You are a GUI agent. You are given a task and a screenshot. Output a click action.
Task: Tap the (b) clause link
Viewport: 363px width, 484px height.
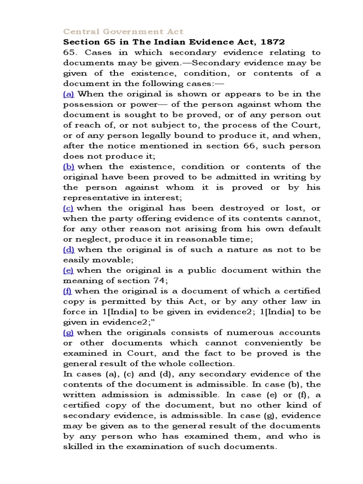point(69,166)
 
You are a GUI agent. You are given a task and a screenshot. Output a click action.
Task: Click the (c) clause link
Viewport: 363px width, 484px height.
point(69,208)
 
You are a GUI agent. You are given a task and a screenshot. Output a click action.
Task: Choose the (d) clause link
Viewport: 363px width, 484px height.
point(69,250)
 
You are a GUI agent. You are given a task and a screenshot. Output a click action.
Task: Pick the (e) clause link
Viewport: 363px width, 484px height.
point(69,270)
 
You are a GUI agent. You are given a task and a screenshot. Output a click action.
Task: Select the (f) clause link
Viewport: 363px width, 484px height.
point(68,291)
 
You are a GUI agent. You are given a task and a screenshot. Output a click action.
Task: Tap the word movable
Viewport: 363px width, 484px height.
point(116,260)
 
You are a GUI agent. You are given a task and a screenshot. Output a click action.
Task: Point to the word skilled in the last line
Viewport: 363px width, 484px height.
point(78,447)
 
